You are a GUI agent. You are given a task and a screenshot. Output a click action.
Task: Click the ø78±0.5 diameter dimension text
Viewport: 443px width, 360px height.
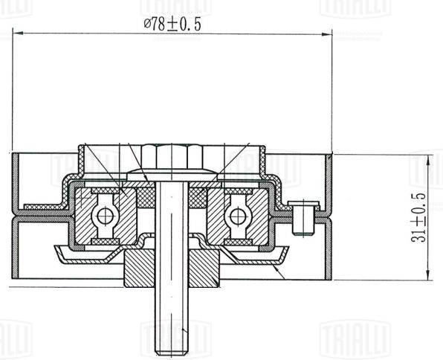(172, 25)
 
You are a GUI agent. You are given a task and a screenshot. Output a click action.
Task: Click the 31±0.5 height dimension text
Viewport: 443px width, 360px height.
(418, 218)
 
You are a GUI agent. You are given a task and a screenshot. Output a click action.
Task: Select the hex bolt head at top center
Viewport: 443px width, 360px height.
(172, 156)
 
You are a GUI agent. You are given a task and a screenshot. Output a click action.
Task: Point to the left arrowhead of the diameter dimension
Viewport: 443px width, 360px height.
(18, 33)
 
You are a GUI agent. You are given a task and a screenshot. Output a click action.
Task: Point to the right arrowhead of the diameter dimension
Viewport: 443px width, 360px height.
(327, 34)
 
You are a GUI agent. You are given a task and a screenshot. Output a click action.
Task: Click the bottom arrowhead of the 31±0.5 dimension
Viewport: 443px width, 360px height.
(429, 275)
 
